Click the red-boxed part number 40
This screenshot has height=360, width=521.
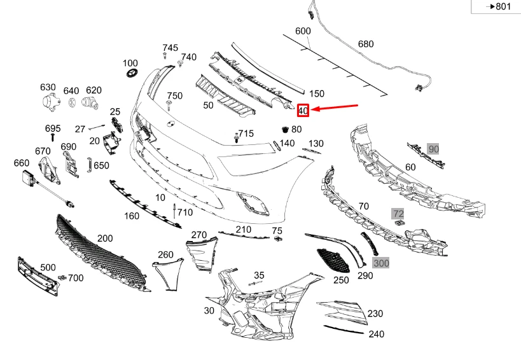pyautogui.click(x=303, y=110)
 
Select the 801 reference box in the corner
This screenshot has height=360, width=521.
pyautogui.click(x=498, y=6)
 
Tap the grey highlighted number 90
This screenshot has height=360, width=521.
pyautogui.click(x=433, y=149)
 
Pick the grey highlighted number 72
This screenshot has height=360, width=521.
pyautogui.click(x=398, y=213)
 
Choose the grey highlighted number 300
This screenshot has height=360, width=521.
pyautogui.click(x=381, y=262)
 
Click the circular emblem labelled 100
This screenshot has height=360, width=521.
pyautogui.click(x=132, y=74)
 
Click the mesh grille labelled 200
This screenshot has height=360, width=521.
pyautogui.click(x=102, y=254)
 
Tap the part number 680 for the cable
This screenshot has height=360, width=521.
pyautogui.click(x=366, y=44)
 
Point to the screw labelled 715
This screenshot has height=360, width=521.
pyautogui.click(x=236, y=137)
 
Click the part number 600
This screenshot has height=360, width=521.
pyautogui.click(x=303, y=31)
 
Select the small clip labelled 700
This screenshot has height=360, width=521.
pyautogui.click(x=62, y=278)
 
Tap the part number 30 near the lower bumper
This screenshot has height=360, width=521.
pyautogui.click(x=209, y=310)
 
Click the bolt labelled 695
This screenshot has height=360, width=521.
pyautogui.click(x=53, y=137)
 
